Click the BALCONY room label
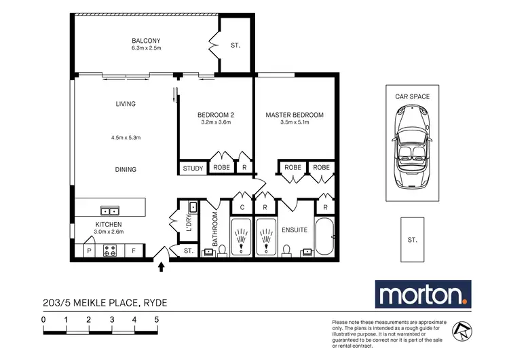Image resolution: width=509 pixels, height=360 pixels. [146, 40]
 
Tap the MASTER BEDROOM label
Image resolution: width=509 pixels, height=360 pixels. [294, 115]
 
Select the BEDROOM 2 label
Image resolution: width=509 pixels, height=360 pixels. [215, 115]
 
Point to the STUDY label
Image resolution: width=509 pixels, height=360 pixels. [193, 168]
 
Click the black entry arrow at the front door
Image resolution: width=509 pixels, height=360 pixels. [162, 267]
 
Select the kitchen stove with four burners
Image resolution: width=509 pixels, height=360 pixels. [110, 251]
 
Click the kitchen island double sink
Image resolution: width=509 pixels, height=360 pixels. [108, 210]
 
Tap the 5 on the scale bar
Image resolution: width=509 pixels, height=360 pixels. [157, 319]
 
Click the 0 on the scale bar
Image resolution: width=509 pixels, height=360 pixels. [43, 319]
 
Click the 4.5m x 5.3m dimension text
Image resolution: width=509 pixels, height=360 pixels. [126, 138]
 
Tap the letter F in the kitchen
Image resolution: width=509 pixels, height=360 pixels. [134, 251]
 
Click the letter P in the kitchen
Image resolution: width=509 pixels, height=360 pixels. [88, 251]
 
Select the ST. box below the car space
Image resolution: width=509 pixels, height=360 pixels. [412, 240]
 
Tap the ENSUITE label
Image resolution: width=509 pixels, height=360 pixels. [295, 230]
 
